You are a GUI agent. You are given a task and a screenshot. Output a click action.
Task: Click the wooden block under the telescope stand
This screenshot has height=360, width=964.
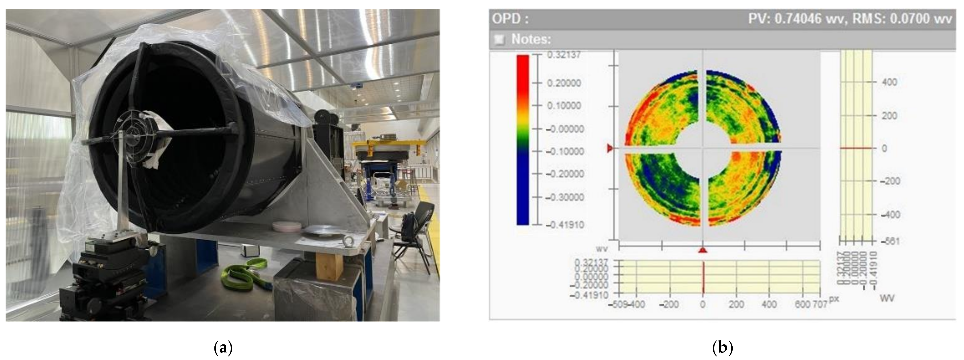pyautogui.click(x=329, y=265)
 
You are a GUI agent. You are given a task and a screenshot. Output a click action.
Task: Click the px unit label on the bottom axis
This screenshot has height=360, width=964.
pyautogui.click(x=834, y=299)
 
